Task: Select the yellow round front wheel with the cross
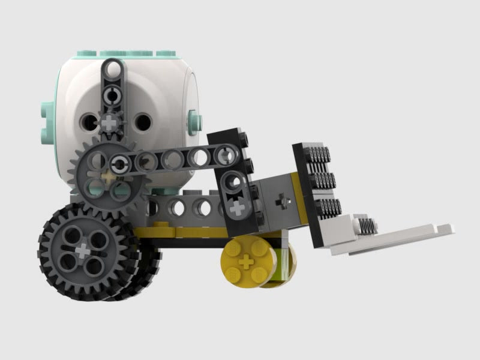pyautogui.click(x=246, y=263)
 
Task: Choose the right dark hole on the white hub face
pyautogui.click(x=142, y=122)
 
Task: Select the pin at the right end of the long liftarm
pyautogui.click(x=227, y=157)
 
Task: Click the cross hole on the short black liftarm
pyautogui.click(x=238, y=208)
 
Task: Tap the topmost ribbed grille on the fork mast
pyautogui.click(x=319, y=157)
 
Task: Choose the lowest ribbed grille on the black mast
pyautogui.click(x=328, y=206)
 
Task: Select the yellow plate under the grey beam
pyautogui.click(x=180, y=231)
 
